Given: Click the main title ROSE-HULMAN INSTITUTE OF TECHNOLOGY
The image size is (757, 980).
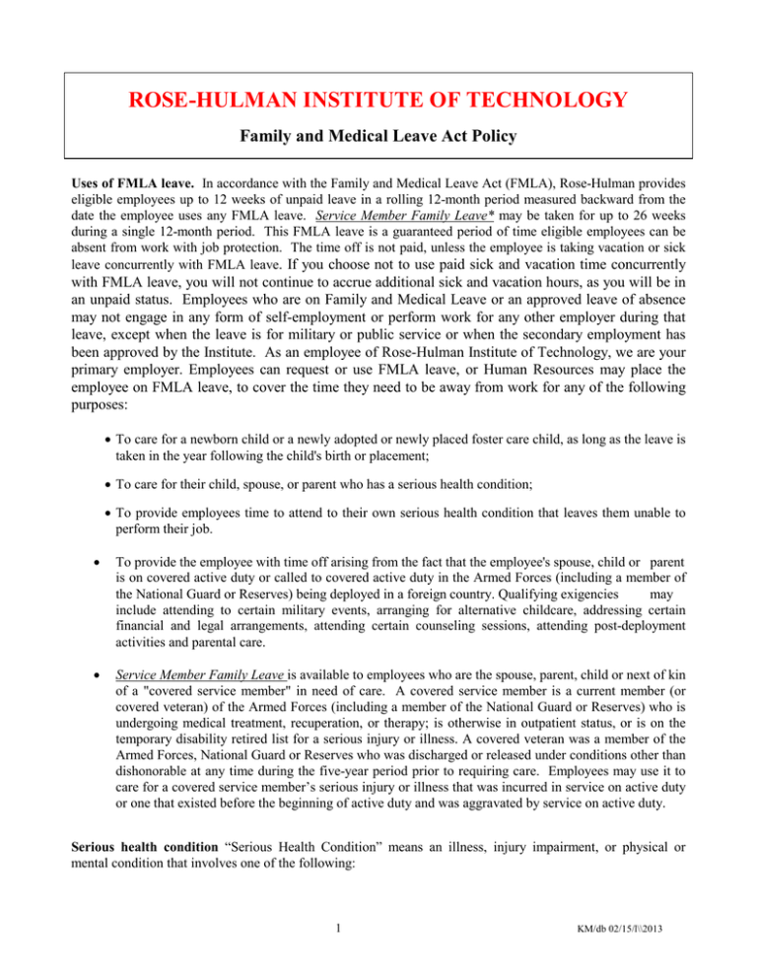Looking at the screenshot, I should (378, 100).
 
